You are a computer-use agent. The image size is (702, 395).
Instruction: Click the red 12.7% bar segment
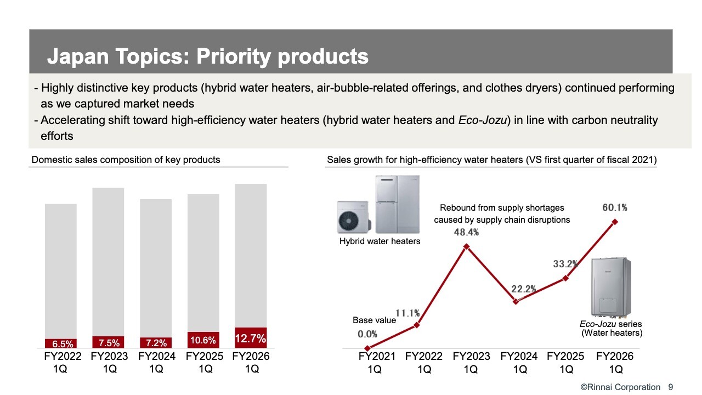point(251,337)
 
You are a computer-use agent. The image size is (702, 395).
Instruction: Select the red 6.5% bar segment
point(61,343)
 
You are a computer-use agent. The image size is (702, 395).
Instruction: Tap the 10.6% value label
point(203,340)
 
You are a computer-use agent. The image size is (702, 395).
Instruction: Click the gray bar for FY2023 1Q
point(108,262)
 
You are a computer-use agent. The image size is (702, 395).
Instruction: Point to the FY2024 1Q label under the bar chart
point(157,363)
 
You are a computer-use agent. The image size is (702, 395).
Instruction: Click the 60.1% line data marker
point(615,222)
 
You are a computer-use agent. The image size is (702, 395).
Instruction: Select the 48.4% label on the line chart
point(466,232)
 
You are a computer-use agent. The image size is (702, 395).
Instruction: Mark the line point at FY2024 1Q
point(516,301)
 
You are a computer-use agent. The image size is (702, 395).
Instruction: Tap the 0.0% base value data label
point(367,334)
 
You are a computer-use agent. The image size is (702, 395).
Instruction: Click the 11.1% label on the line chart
point(407,313)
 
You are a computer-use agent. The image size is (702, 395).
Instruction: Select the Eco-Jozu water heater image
point(611,287)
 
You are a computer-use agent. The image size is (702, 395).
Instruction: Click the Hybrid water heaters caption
point(380,241)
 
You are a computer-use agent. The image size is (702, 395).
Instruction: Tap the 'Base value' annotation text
point(374,320)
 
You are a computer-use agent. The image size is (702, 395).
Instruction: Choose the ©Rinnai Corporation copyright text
point(620,387)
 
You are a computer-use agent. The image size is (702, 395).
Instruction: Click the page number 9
point(671,387)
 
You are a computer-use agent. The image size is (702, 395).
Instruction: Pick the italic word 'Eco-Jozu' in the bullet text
point(483,120)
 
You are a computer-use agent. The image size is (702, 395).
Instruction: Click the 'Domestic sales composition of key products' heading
point(126,160)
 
